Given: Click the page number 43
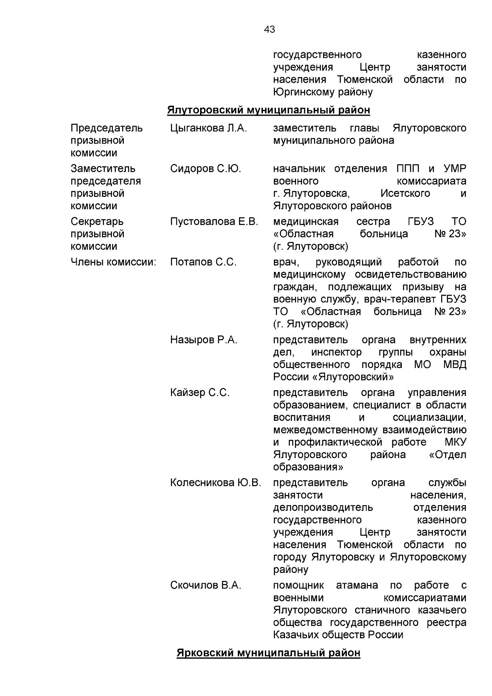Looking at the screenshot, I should click(270, 30).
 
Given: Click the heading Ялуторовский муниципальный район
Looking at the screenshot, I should click(269, 110).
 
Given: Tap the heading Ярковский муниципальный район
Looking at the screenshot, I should click(269, 653).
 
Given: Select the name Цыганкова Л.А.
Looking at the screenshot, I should click(209, 128).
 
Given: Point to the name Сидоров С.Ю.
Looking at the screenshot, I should click(205, 169).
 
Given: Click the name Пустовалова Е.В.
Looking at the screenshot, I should click(214, 221).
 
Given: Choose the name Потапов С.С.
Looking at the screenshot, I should click(203, 262).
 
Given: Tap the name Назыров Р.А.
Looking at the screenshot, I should click(204, 340).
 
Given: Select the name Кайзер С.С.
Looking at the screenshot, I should click(200, 392).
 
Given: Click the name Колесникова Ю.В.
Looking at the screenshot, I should click(216, 483).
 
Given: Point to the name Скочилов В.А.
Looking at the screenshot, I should click(206, 585).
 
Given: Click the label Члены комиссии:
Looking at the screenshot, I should click(114, 262).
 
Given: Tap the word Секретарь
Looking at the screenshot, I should click(97, 221).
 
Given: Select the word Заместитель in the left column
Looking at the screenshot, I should click(103, 169).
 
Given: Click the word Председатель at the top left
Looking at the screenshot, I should click(107, 128).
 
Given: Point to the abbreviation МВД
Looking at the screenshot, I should click(455, 365).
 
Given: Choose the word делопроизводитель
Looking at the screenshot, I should click(323, 507).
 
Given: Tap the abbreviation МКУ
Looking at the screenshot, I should click(455, 442).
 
